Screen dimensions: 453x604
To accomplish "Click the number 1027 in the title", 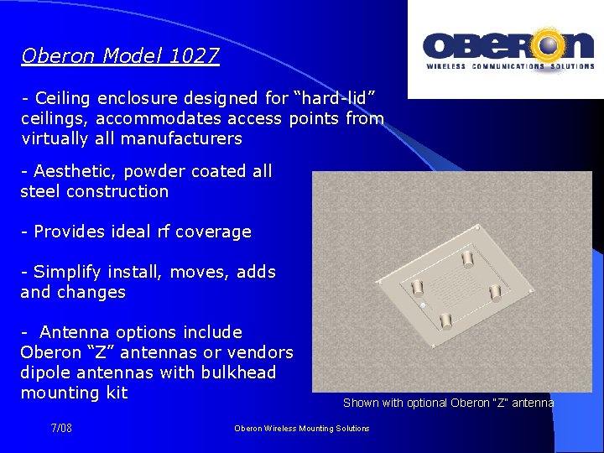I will pyautogui.click(x=194, y=56).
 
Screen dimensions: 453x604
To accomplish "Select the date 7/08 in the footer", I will pyautogui.click(x=61, y=429).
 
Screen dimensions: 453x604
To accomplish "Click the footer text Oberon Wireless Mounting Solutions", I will pyautogui.click(x=301, y=429).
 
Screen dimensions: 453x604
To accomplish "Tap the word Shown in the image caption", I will pyautogui.click(x=361, y=403).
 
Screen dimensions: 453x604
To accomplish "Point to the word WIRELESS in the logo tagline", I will pyautogui.click(x=446, y=66).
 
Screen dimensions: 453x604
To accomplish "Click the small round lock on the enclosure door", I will pyautogui.click(x=423, y=303).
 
